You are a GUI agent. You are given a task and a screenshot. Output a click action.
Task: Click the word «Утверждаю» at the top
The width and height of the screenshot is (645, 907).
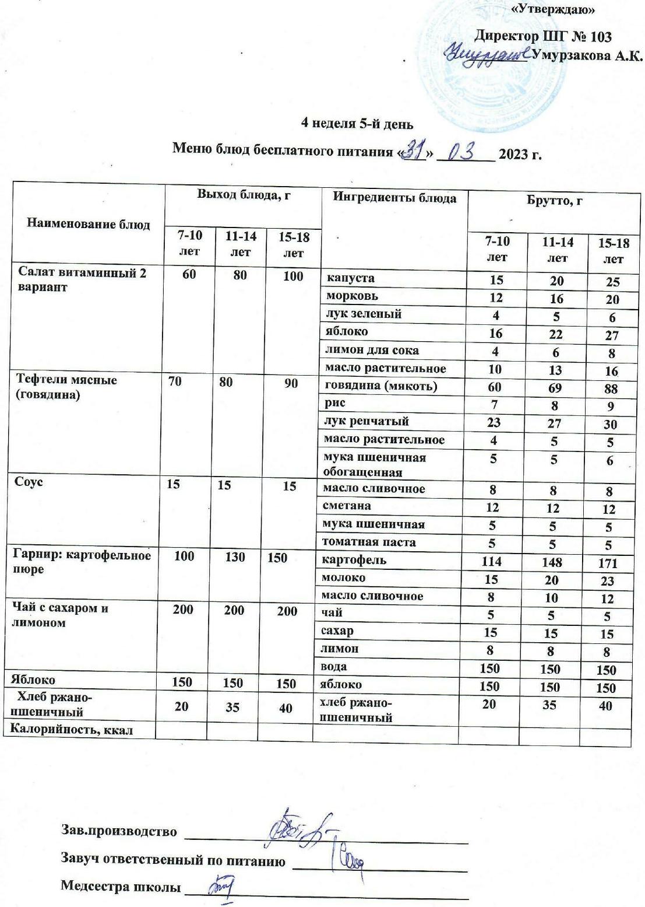pyautogui.click(x=552, y=9)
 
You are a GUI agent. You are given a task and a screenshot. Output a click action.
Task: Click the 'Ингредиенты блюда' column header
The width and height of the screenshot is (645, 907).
pyautogui.click(x=394, y=197)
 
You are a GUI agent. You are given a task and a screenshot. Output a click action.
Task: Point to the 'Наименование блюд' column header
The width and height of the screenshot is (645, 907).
pyautogui.click(x=89, y=225)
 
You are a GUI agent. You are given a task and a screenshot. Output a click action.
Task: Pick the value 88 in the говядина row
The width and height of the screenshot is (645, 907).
pyautogui.click(x=611, y=388)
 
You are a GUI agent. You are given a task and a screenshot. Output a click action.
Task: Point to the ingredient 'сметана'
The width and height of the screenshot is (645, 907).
pyautogui.click(x=348, y=506)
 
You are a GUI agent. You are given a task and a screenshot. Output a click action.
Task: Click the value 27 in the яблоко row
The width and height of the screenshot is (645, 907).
pyautogui.click(x=611, y=335)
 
